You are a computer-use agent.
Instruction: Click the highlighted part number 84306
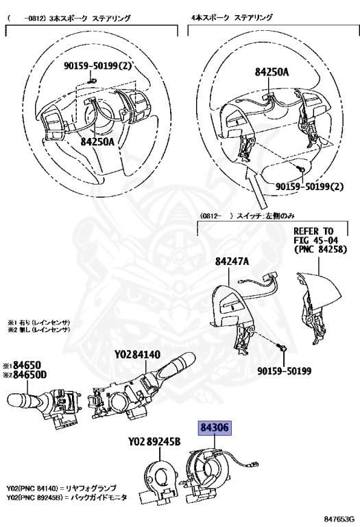(x=215, y=428)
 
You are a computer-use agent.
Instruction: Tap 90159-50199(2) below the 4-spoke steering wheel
(x=310, y=186)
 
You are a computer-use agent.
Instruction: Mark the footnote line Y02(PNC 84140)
(x=62, y=487)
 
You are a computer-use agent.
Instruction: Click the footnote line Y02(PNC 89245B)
(x=66, y=496)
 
